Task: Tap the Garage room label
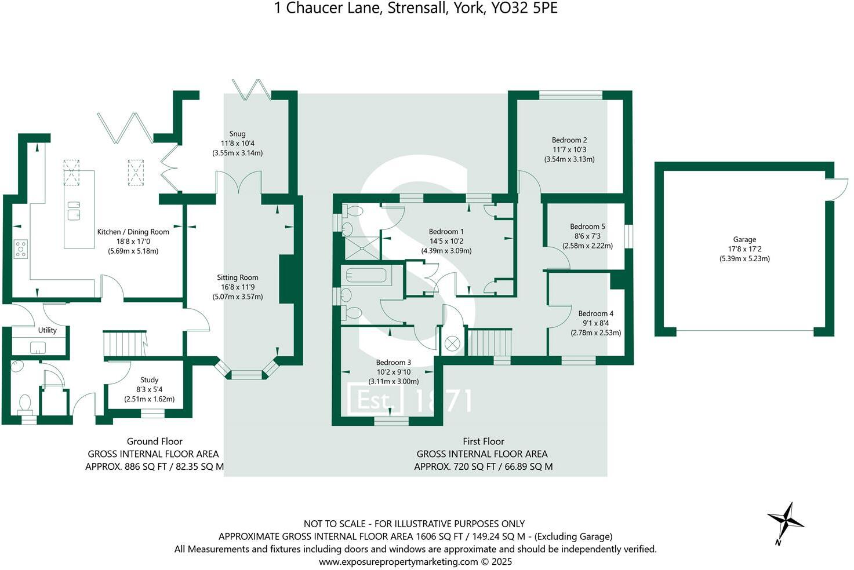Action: [744, 239]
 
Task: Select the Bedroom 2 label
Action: [569, 140]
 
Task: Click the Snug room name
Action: [237, 134]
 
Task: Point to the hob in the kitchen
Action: [21, 249]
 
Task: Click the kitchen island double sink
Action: [74, 210]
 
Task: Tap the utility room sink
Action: [38, 348]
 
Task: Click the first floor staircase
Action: [490, 342]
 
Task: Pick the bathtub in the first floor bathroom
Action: [366, 275]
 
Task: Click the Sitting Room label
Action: [237, 277]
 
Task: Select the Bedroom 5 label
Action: [587, 226]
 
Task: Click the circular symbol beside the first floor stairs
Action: [452, 344]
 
